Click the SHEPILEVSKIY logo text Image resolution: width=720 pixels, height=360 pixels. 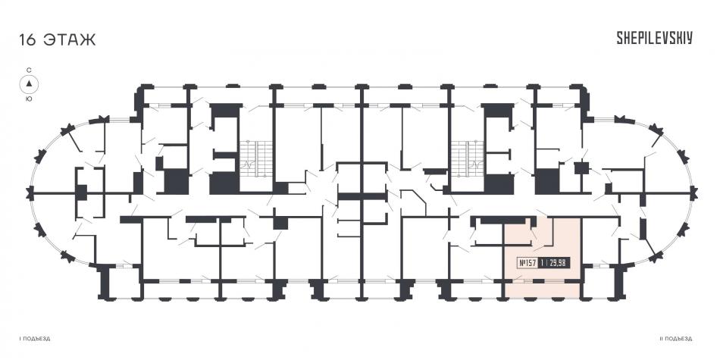tap(654, 38)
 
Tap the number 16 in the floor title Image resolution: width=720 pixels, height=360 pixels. tap(27, 39)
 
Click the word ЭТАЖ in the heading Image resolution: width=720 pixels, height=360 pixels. tap(70, 39)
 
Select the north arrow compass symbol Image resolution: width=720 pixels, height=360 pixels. tap(29, 84)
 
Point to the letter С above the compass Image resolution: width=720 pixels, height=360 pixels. tap(29, 70)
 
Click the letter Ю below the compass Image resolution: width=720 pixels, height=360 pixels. tap(29, 99)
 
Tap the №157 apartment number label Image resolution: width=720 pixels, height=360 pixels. tap(527, 263)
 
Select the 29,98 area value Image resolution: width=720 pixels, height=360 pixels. tap(557, 263)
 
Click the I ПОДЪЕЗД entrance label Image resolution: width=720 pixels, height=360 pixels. tap(35, 339)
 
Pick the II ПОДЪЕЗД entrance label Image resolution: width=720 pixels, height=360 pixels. tap(676, 339)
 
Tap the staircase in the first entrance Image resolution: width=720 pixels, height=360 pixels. tap(255, 158)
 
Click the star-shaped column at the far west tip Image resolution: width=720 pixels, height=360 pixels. tap(31, 194)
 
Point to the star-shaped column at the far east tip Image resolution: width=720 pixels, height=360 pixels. tap(693, 194)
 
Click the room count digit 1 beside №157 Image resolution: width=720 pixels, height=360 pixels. tap(543, 263)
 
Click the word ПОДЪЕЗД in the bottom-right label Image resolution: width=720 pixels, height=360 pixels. tap(678, 339)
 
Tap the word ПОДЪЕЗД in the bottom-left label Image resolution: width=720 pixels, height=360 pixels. tap(36, 339)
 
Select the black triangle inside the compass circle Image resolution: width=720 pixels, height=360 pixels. tap(29, 83)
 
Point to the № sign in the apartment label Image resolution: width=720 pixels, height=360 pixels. tap(522, 263)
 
